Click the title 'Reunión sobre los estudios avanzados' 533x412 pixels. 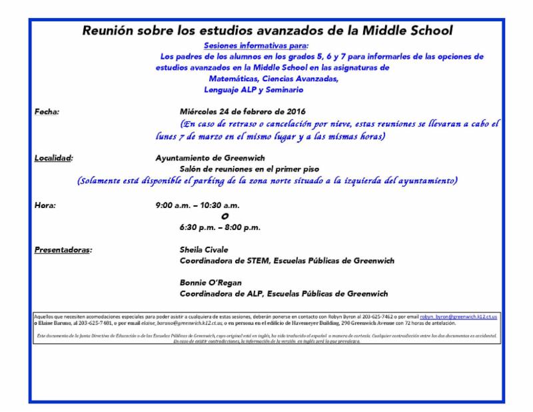266,31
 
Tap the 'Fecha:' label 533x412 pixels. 47,111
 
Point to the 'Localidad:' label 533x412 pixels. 53,158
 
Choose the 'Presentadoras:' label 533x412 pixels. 63,251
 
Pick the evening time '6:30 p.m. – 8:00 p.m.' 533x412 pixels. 220,227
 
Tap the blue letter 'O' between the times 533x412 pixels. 225,216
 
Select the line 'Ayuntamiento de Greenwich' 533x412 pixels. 210,158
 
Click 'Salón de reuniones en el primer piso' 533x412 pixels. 248,169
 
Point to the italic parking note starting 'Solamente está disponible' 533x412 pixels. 266,181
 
